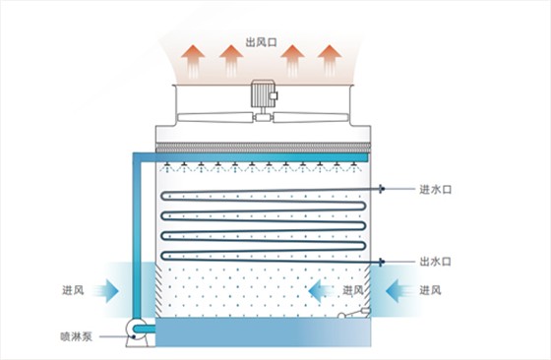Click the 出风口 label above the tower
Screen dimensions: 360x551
point(263,41)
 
